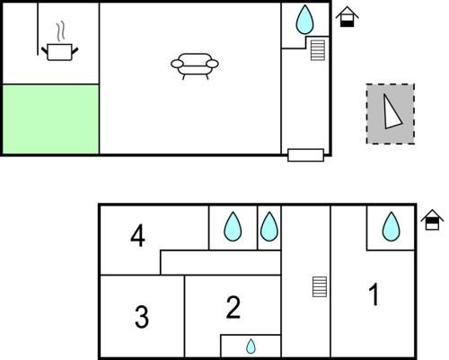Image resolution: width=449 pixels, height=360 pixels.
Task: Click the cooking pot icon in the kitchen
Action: tap(59, 52)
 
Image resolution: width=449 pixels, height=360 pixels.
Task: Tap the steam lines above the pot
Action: tap(60, 31)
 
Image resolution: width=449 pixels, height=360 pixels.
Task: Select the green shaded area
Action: tap(50, 119)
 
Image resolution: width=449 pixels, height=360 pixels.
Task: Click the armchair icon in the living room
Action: tap(195, 66)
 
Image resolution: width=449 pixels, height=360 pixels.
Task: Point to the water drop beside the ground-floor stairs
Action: tap(304, 20)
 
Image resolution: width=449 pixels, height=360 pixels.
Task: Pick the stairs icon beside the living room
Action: tap(318, 50)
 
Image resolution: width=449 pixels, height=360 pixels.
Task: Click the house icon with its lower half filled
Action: tap(348, 17)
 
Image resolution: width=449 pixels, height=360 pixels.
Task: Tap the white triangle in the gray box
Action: tap(392, 112)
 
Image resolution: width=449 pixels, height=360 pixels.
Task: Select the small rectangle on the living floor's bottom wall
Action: tap(305, 155)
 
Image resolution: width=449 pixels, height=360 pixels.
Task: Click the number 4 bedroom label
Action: tap(137, 236)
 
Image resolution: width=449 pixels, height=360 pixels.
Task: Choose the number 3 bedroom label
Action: tap(142, 317)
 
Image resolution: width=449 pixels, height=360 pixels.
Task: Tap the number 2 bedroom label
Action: tap(233, 307)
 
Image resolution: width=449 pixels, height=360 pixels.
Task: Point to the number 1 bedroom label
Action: tap(374, 294)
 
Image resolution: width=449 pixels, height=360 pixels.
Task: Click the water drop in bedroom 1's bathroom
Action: tap(391, 226)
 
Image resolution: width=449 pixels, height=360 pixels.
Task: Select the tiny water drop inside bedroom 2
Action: tap(251, 347)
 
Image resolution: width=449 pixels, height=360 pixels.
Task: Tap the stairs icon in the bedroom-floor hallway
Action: tap(320, 286)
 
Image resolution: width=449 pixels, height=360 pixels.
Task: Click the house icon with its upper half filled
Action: tap(432, 220)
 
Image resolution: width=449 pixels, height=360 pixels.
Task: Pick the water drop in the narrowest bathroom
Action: tap(269, 226)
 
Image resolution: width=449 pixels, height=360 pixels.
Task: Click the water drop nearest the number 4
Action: tap(233, 226)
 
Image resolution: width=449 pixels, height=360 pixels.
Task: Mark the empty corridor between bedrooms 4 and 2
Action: tap(221, 262)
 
